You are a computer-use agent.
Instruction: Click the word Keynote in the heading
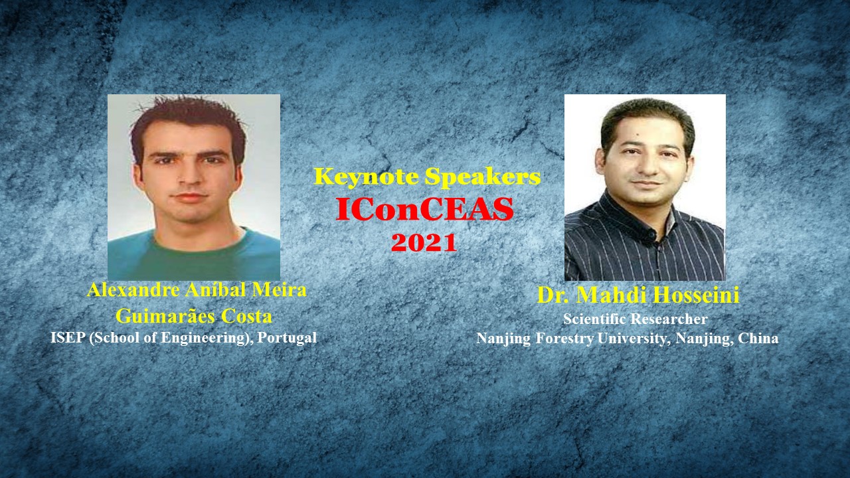367,177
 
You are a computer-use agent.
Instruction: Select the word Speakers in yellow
483,177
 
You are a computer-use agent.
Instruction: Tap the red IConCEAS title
424,208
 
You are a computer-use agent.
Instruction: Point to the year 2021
424,242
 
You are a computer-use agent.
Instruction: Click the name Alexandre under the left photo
133,290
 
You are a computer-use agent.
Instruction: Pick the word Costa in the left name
246,316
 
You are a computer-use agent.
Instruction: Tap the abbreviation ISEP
68,338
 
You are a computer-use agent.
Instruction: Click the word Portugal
287,338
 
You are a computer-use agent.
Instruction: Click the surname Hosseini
697,295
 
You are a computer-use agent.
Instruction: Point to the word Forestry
565,339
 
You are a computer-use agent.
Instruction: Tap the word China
758,338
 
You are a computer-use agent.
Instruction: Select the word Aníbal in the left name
216,290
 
